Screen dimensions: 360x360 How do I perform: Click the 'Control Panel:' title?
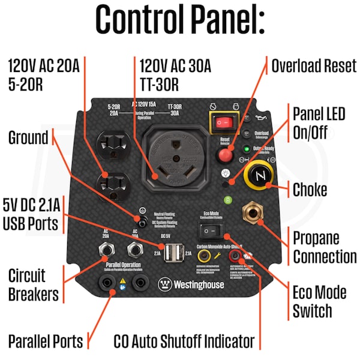[x=180, y=22]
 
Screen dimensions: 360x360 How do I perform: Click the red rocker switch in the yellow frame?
[x=223, y=123]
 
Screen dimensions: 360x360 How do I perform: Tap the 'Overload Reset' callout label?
[x=314, y=65]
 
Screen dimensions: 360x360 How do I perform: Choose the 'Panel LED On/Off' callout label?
[x=318, y=122]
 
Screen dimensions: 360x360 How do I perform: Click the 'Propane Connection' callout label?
[x=324, y=247]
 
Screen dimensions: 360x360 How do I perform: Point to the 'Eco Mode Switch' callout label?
[x=319, y=302]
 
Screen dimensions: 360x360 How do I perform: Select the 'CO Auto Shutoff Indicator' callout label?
[x=184, y=341]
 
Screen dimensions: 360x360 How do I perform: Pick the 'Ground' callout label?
[x=28, y=138]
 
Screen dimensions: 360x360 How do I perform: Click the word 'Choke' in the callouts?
[x=310, y=190]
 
